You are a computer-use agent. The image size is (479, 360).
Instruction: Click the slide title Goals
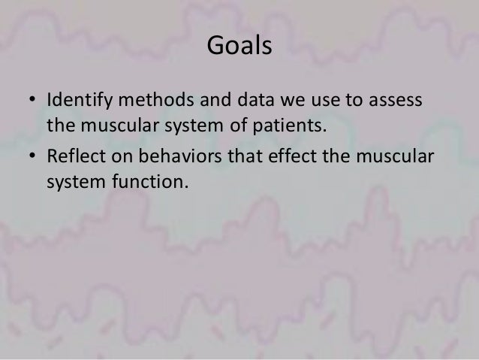[239, 47]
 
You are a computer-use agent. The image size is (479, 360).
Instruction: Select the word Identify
[74, 99]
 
